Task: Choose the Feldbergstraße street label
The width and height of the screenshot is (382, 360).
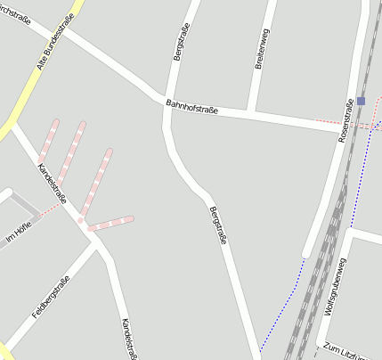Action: click(x=51, y=299)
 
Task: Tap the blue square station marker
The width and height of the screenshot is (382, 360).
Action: click(x=360, y=101)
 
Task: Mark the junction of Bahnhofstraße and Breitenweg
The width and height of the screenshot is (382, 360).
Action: click(x=253, y=112)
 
